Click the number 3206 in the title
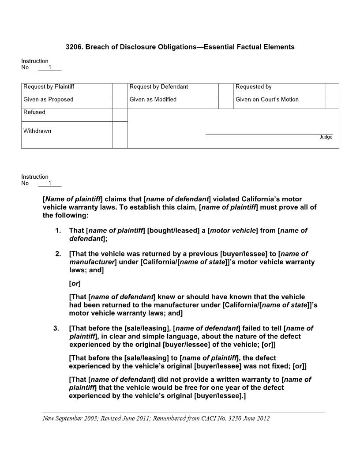[73, 47]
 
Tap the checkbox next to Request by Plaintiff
[120, 90]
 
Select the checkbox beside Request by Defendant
[225, 90]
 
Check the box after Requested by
[332, 90]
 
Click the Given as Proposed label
[49, 100]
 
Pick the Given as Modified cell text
[153, 100]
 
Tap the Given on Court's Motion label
[267, 100]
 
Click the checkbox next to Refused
[120, 115]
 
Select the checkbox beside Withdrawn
[120, 135]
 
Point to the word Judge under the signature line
[326, 137]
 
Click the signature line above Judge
[269, 134]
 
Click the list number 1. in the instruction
[58, 231]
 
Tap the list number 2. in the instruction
[58, 254]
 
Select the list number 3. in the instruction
[56, 328]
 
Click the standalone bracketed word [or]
[75, 283]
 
